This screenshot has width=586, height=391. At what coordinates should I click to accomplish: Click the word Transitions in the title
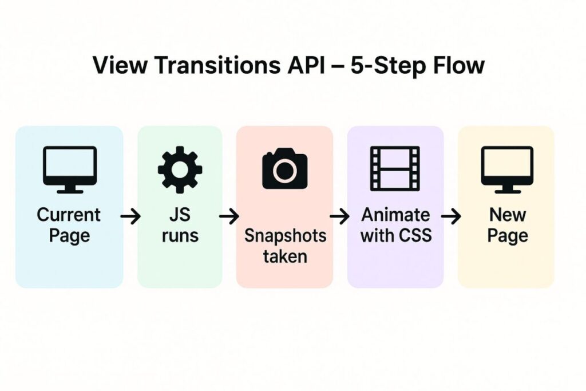[x=217, y=65]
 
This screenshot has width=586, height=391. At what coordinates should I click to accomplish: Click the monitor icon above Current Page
[x=70, y=169]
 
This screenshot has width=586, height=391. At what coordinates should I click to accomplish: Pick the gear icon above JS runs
[x=180, y=169]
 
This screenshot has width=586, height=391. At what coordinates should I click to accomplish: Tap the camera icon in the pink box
[x=285, y=168]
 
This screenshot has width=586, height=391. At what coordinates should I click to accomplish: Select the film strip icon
[x=395, y=168]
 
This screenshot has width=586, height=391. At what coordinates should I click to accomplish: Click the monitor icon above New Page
[x=508, y=169]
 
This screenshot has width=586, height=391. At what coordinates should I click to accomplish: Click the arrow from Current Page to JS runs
[x=130, y=216]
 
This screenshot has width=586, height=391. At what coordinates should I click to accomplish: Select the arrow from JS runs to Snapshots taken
[x=229, y=216]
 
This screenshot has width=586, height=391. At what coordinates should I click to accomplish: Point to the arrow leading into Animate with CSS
[x=340, y=216]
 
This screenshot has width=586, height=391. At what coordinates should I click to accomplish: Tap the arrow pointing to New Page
[x=451, y=216]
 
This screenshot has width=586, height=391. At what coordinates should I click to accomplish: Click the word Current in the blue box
[x=69, y=215]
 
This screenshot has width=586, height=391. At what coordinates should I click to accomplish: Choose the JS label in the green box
[x=180, y=215]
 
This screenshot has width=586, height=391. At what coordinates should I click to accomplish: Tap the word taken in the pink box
[x=285, y=256]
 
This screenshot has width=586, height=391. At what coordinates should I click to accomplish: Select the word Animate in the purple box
[x=396, y=215]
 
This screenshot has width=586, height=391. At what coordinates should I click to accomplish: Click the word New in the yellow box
[x=508, y=215]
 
